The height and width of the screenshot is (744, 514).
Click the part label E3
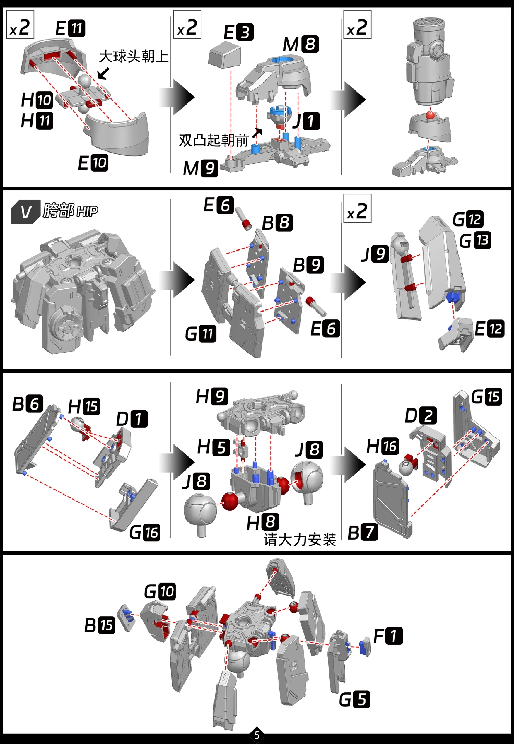tap(238, 32)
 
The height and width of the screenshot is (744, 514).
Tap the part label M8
tap(301, 44)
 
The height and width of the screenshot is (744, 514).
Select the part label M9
tap(200, 168)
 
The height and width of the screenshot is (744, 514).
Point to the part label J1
tap(306, 121)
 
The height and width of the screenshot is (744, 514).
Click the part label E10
tap(93, 163)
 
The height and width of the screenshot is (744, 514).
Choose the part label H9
tap(211, 397)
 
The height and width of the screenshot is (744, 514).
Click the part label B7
tap(363, 533)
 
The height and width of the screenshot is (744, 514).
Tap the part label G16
tap(145, 533)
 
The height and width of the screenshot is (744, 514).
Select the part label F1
tap(388, 636)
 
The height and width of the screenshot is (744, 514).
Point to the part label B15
tap(100, 625)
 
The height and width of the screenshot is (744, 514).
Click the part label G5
tap(355, 699)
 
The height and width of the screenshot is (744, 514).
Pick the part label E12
tap(489, 329)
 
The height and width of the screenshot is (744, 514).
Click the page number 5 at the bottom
tap(257, 735)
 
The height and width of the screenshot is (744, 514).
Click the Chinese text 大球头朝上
tap(134, 57)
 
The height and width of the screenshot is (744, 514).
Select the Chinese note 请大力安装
tap(300, 540)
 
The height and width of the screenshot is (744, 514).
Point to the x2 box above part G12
tap(357, 208)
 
